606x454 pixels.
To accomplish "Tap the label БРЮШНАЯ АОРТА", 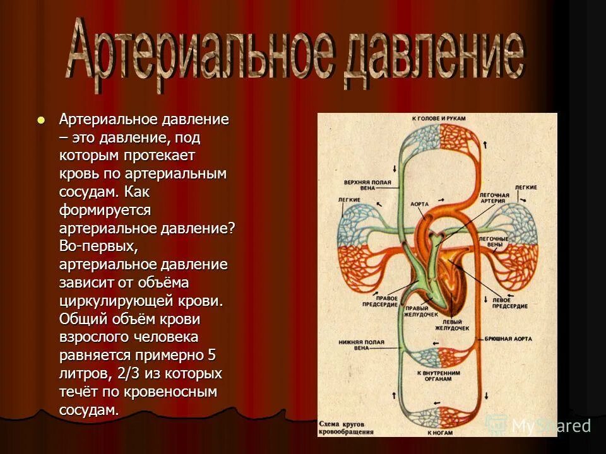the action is click(x=509, y=339).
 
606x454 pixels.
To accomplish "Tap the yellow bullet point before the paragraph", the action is click(x=42, y=120).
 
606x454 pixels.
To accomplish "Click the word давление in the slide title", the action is click(x=436, y=55).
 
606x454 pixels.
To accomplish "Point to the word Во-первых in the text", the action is click(x=93, y=246).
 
